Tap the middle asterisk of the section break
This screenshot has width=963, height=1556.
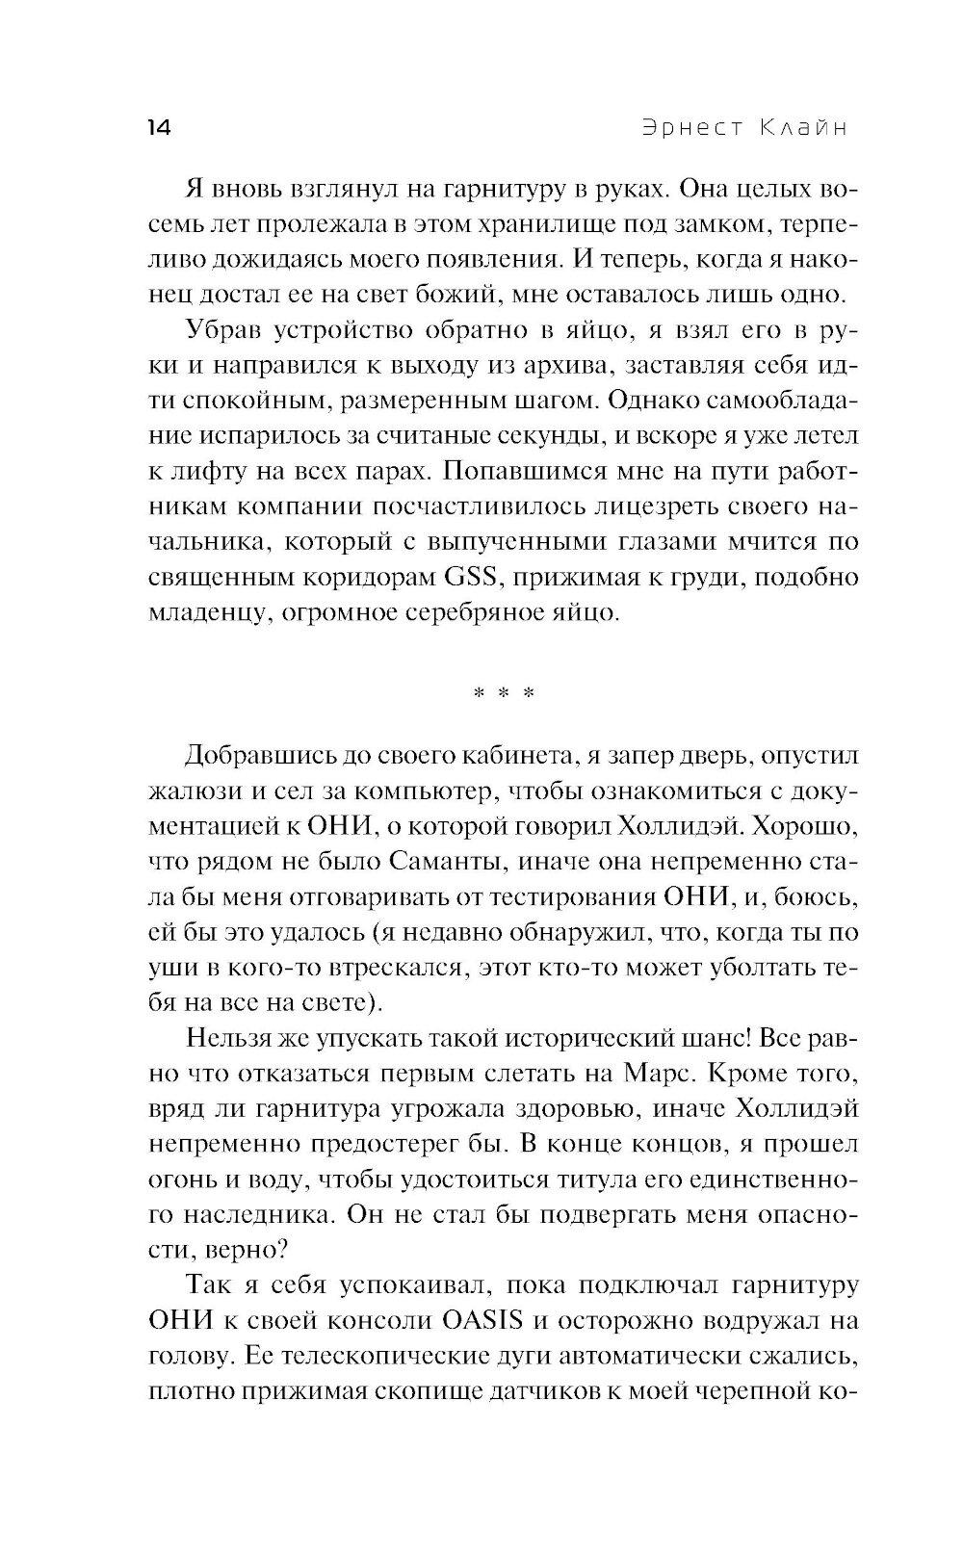(x=501, y=692)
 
